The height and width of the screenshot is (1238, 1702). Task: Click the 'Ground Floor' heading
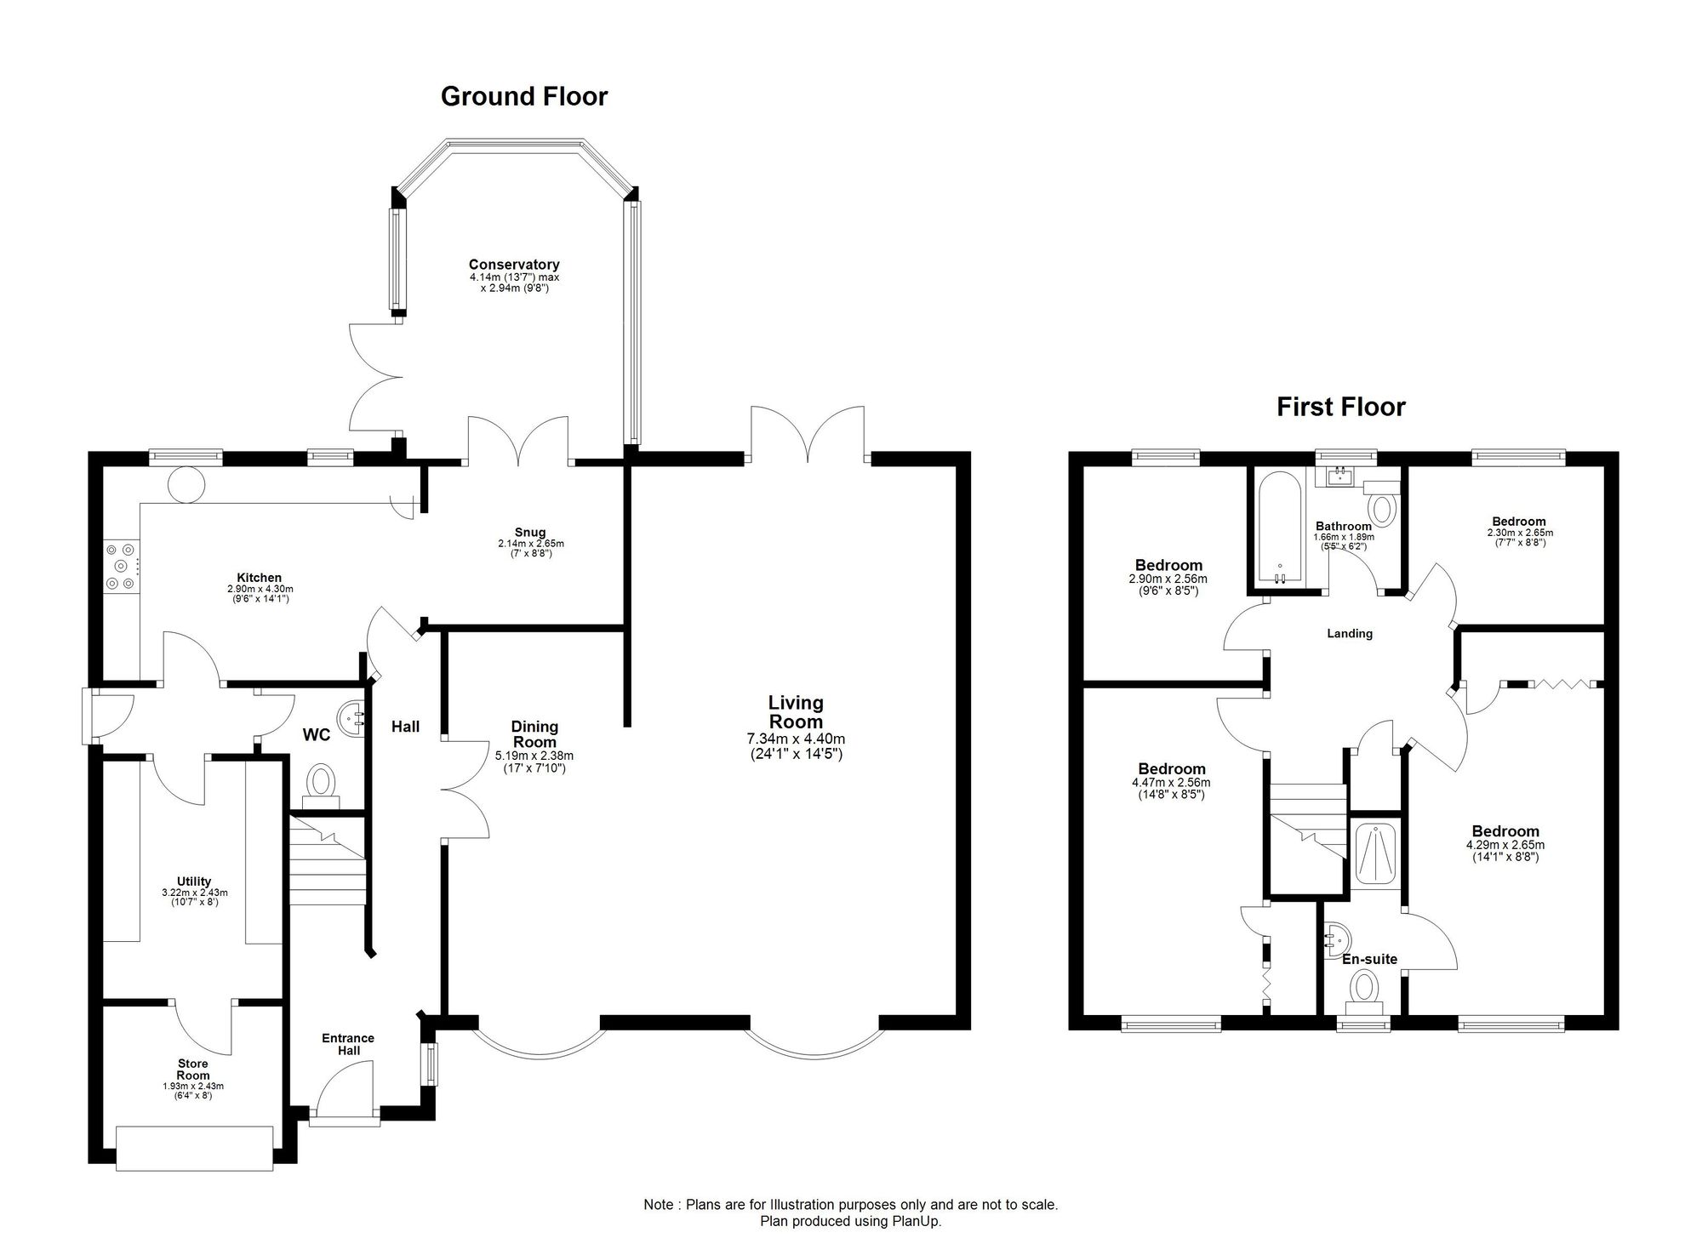pyautogui.click(x=524, y=97)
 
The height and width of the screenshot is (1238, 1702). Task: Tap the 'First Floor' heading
pyautogui.click(x=1340, y=408)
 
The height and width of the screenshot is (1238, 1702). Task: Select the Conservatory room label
pyautogui.click(x=514, y=265)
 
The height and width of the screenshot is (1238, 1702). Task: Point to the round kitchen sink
pyautogui.click(x=186, y=485)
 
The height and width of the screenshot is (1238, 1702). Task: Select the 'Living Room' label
pyautogui.click(x=796, y=712)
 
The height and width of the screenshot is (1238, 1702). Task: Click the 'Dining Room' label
pyautogui.click(x=534, y=734)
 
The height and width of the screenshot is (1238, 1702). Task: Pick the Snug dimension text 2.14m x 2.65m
pyautogui.click(x=531, y=544)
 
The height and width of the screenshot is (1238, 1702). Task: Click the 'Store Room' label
pyautogui.click(x=193, y=1070)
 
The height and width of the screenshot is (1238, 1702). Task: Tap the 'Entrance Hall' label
pyautogui.click(x=348, y=1044)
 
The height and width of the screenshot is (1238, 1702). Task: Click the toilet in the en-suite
pyautogui.click(x=1365, y=994)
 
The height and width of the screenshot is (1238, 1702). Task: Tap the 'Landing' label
pyautogui.click(x=1350, y=633)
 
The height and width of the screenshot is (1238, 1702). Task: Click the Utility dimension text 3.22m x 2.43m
pyautogui.click(x=195, y=893)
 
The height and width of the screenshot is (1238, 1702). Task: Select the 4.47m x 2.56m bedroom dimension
pyautogui.click(x=1171, y=784)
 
